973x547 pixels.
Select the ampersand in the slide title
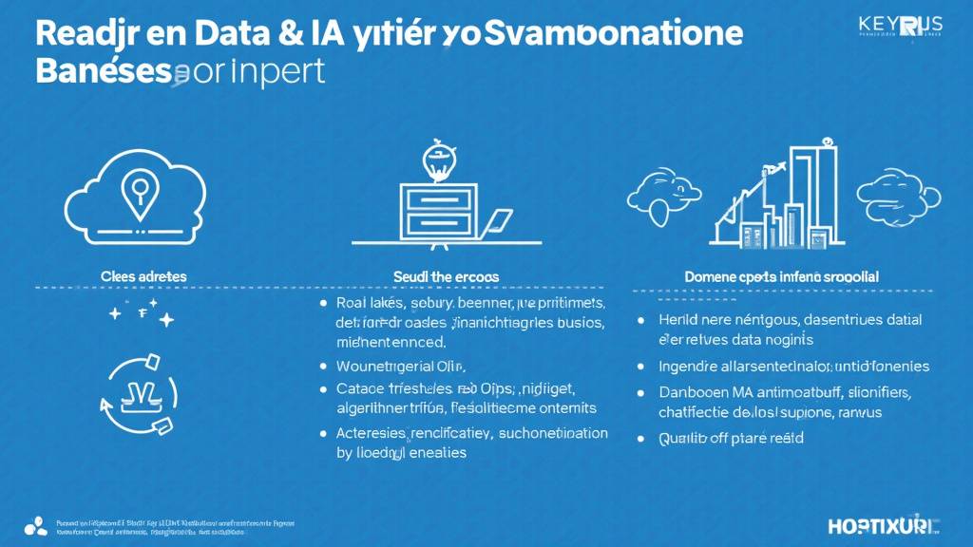point(291,35)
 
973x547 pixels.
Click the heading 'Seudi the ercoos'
point(446,275)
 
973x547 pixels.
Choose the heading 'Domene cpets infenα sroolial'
point(781,275)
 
